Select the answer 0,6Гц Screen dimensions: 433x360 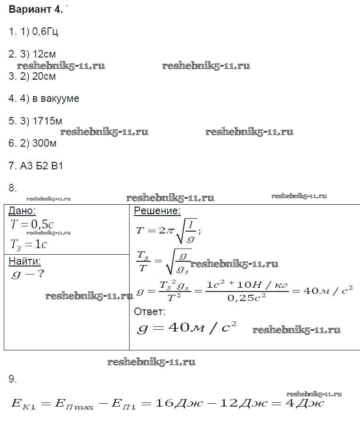pyautogui.click(x=45, y=32)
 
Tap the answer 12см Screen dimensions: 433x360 pyautogui.click(x=45, y=54)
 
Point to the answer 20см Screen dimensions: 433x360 pyautogui.click(x=45, y=76)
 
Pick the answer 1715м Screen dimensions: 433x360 pyautogui.click(x=47, y=121)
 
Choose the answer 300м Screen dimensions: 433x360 pyautogui.click(x=45, y=143)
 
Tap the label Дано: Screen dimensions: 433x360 pyautogui.click(x=22, y=211)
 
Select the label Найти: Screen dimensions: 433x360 pyautogui.click(x=25, y=261)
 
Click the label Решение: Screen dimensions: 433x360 pyautogui.click(x=157, y=211)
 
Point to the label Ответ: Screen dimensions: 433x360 pyautogui.click(x=149, y=311)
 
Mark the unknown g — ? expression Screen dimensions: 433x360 pyautogui.click(x=27, y=274)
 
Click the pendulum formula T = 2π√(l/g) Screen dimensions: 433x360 pyautogui.click(x=168, y=231)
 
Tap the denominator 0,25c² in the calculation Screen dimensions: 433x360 pyautogui.click(x=246, y=298)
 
